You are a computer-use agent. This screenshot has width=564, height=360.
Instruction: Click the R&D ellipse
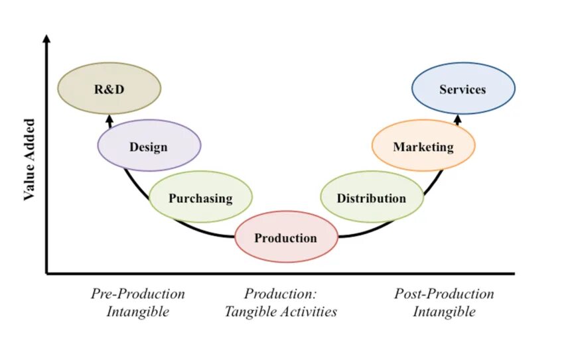pyautogui.click(x=109, y=89)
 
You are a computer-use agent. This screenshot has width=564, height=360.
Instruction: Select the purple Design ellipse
pyautogui.click(x=149, y=146)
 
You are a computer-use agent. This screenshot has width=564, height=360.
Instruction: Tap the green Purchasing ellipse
pyautogui.click(x=200, y=197)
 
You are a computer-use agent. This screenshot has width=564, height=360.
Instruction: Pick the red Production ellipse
pyautogui.click(x=286, y=237)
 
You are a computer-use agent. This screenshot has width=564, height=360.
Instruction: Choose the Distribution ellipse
pyautogui.click(x=372, y=197)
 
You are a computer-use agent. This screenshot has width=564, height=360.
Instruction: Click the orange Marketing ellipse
pyautogui.click(x=423, y=146)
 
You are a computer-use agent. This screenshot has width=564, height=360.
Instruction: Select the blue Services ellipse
pyautogui.click(x=462, y=89)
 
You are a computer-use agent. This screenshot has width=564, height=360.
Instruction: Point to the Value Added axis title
pyautogui.click(x=29, y=159)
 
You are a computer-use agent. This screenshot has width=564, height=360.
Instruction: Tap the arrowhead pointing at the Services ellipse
pyautogui.click(x=458, y=118)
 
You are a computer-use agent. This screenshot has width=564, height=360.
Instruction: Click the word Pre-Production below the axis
pyautogui.click(x=138, y=294)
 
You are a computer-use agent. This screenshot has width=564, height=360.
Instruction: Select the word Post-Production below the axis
pyautogui.click(x=444, y=294)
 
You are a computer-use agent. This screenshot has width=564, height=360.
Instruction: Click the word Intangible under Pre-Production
pyautogui.click(x=138, y=311)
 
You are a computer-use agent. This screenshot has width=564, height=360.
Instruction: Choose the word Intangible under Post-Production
pyautogui.click(x=444, y=311)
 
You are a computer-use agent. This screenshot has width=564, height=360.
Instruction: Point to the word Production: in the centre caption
pyautogui.click(x=281, y=294)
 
